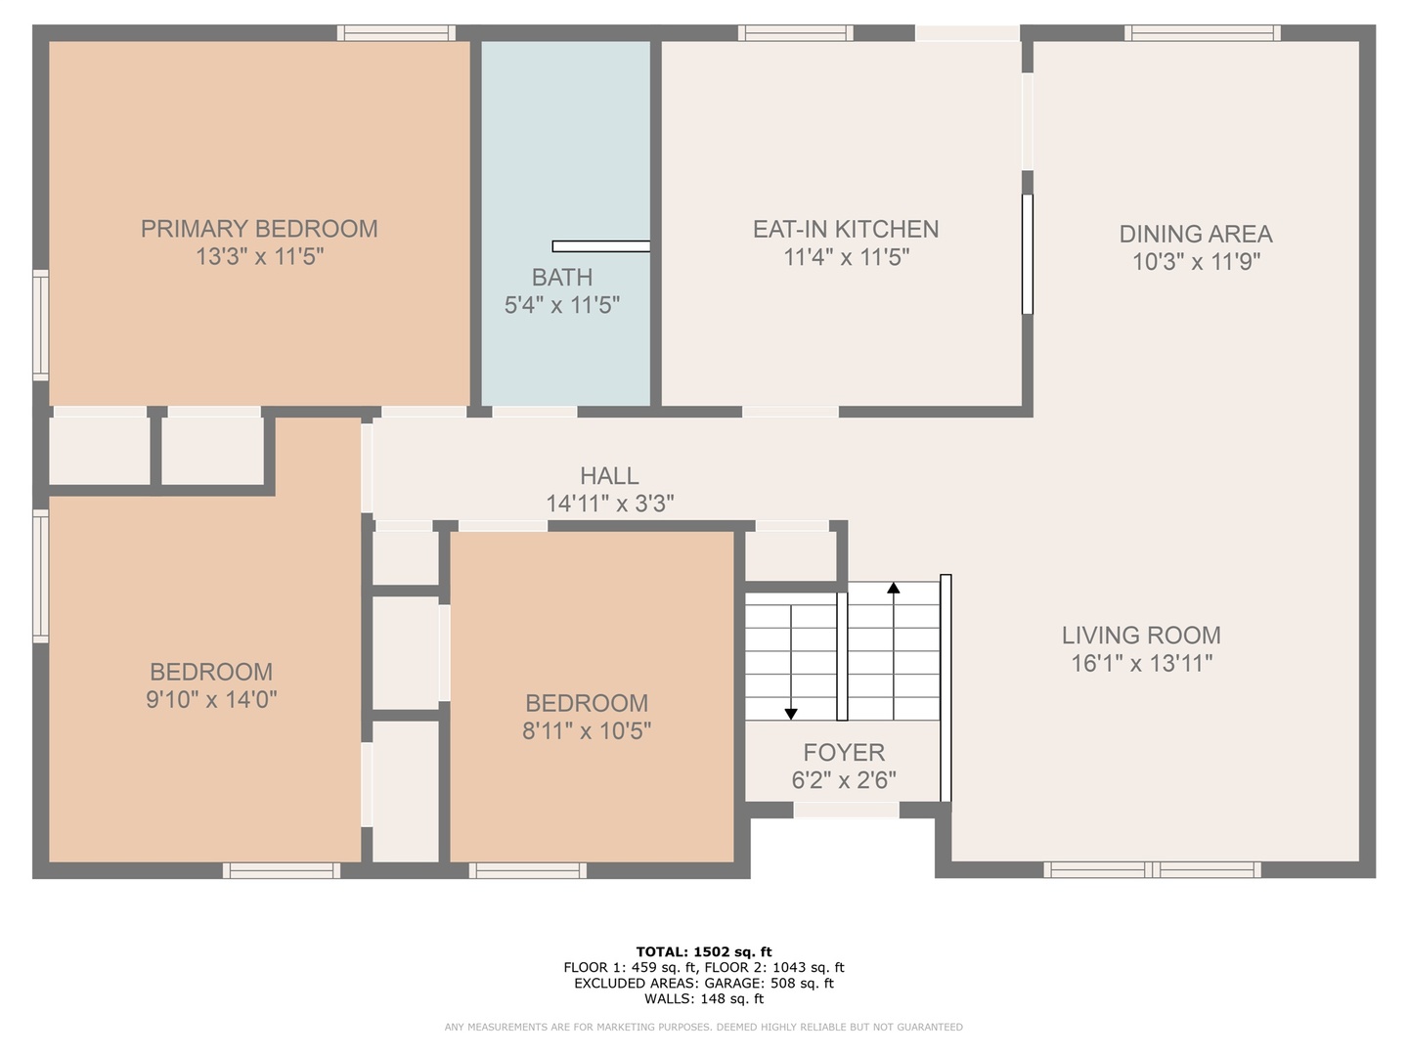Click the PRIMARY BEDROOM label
point(259,229)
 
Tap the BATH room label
point(562,278)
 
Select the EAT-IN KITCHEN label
point(846,230)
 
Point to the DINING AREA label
point(1196,234)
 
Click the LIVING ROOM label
point(1141,636)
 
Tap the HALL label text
point(609,476)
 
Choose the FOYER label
point(844,752)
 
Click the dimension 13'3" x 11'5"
point(259,257)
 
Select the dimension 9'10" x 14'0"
point(211,699)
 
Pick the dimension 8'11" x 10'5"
point(587,731)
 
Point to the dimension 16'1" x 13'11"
point(1141,663)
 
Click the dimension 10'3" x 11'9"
point(1196,262)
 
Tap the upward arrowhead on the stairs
point(894,588)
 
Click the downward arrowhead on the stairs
point(791,714)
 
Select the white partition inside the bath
point(601,246)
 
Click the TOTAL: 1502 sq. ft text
point(704,952)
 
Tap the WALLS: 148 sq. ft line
point(704,999)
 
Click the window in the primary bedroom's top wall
point(396,32)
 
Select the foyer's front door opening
point(846,811)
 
